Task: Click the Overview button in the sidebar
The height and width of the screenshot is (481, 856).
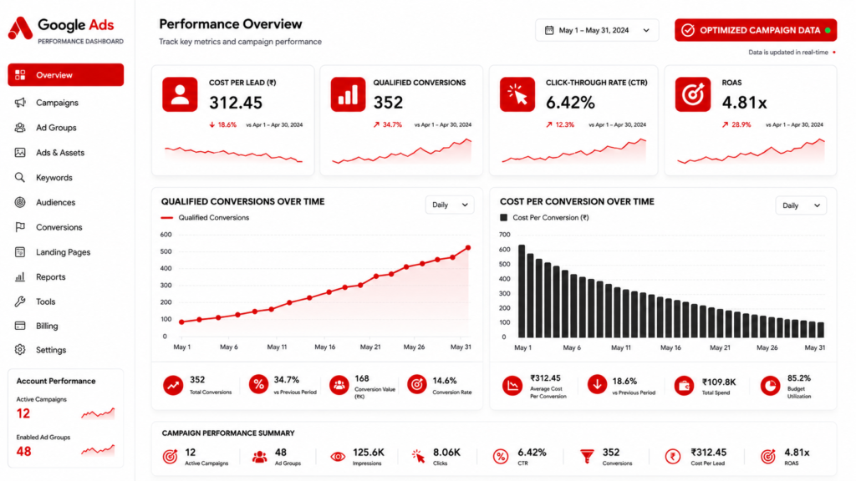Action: pyautogui.click(x=65, y=74)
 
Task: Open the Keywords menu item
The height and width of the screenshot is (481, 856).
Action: pyautogui.click(x=54, y=177)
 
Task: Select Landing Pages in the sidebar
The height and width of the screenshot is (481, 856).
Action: pyautogui.click(x=63, y=252)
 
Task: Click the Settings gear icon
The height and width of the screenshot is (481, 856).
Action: pyautogui.click(x=20, y=350)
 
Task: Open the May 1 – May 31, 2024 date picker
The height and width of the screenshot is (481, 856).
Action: pyautogui.click(x=597, y=31)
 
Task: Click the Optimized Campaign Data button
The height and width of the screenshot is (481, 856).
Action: pyautogui.click(x=756, y=31)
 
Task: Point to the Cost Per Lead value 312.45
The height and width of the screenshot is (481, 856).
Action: pyautogui.click(x=236, y=103)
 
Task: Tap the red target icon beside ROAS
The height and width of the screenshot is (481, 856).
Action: pyautogui.click(x=693, y=95)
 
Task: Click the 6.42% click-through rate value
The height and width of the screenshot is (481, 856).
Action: pyautogui.click(x=570, y=103)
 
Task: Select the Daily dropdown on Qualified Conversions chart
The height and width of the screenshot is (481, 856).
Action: pyautogui.click(x=450, y=205)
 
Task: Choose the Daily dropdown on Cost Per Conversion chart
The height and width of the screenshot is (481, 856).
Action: pyautogui.click(x=801, y=205)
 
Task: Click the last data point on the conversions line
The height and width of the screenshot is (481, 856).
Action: pyautogui.click(x=468, y=248)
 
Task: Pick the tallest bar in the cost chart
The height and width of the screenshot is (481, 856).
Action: pyautogui.click(x=522, y=291)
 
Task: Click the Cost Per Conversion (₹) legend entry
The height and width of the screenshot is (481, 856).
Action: pyautogui.click(x=544, y=218)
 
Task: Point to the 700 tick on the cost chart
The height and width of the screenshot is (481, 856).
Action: pyautogui.click(x=505, y=235)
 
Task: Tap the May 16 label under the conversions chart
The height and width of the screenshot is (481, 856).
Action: pyautogui.click(x=325, y=347)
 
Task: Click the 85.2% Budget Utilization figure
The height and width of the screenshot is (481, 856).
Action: pyautogui.click(x=798, y=378)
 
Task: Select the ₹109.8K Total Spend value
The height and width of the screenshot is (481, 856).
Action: pyautogui.click(x=719, y=382)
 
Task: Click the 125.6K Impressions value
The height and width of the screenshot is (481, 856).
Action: pyautogui.click(x=369, y=453)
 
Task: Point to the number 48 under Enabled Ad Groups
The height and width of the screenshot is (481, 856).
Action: pyautogui.click(x=23, y=452)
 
